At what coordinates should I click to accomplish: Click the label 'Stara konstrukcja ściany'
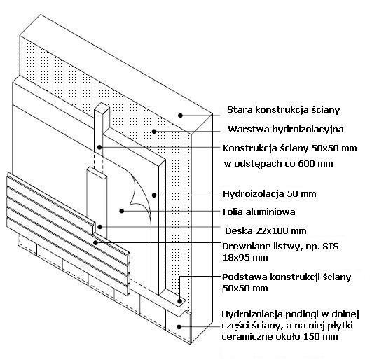coord(283,110)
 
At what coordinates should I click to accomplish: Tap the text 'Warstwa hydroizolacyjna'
coord(286,130)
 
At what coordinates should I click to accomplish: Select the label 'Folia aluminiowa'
coord(259,212)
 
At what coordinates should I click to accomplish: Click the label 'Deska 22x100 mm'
coord(266,231)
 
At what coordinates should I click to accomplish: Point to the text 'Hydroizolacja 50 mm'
coord(270,194)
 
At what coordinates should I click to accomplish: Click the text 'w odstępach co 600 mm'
coord(279,164)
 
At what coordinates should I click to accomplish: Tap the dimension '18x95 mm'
coord(245,258)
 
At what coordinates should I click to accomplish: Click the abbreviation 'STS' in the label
coord(331,247)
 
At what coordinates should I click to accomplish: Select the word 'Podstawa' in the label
coord(244,277)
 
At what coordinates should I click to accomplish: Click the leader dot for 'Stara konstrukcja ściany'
coord(180,116)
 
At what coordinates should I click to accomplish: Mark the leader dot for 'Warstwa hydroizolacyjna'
coord(154,131)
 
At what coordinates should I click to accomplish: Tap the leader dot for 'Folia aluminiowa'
coord(122,211)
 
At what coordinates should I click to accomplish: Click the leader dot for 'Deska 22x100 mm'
coord(100,227)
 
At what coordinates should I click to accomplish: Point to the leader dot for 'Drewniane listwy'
coord(95,242)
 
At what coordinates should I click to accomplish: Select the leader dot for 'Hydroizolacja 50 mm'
coord(154,195)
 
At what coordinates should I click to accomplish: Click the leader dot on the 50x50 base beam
coord(179,301)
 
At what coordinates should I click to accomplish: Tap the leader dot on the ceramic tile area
coord(179,327)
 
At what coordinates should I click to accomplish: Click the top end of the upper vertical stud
coord(102,106)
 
